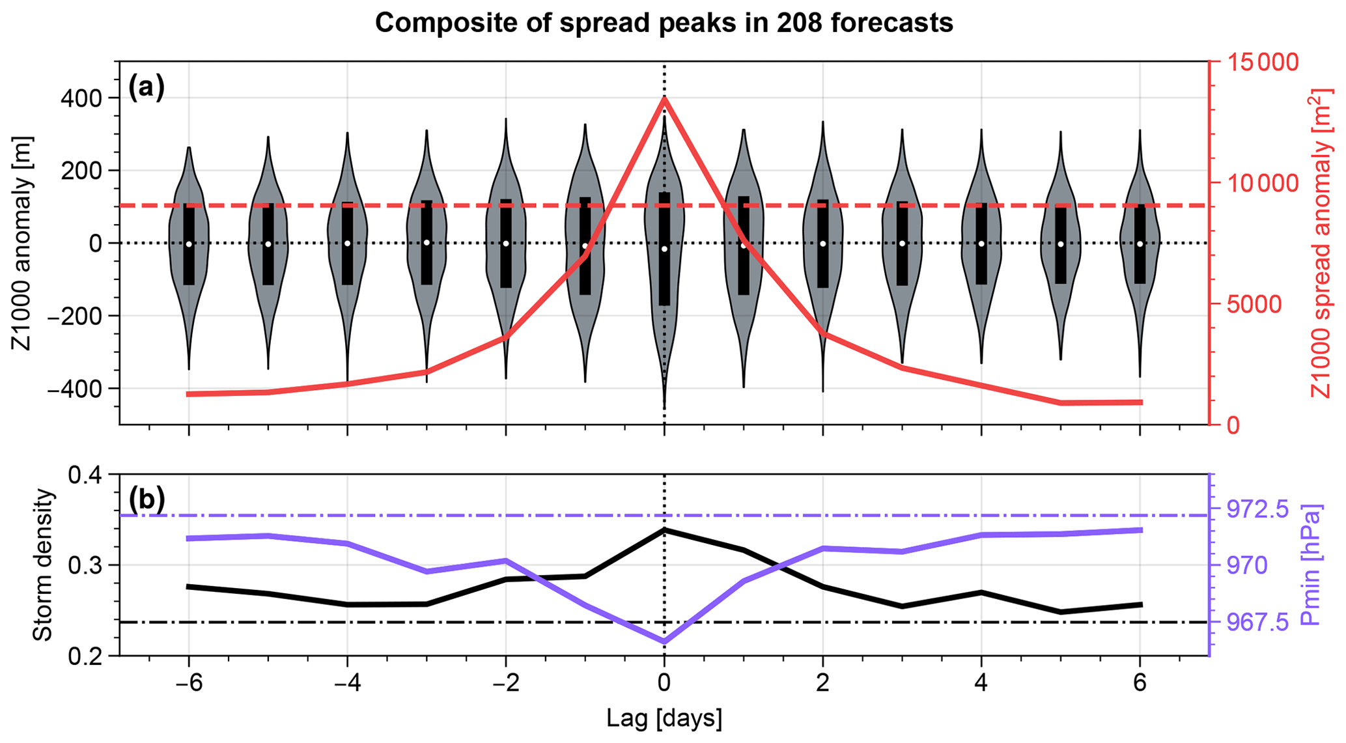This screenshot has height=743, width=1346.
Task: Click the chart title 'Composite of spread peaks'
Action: [664, 23]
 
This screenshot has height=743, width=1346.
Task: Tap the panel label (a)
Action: [147, 87]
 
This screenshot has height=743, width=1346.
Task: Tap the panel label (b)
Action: [147, 499]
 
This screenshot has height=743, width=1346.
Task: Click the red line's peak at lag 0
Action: [664, 98]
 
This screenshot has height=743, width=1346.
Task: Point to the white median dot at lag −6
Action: [189, 244]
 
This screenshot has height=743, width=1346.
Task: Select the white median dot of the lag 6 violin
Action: [1140, 244]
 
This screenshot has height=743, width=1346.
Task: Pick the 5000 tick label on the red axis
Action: [1254, 304]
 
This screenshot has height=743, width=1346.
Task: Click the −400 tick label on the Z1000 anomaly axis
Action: [79, 389]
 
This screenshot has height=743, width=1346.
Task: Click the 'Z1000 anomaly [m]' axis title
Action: [23, 244]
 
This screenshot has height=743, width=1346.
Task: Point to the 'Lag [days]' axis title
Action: [664, 719]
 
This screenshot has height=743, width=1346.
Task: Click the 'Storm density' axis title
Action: [43, 565]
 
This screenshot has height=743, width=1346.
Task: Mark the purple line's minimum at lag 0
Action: [664, 642]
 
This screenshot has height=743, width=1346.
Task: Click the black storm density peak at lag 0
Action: [664, 529]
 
